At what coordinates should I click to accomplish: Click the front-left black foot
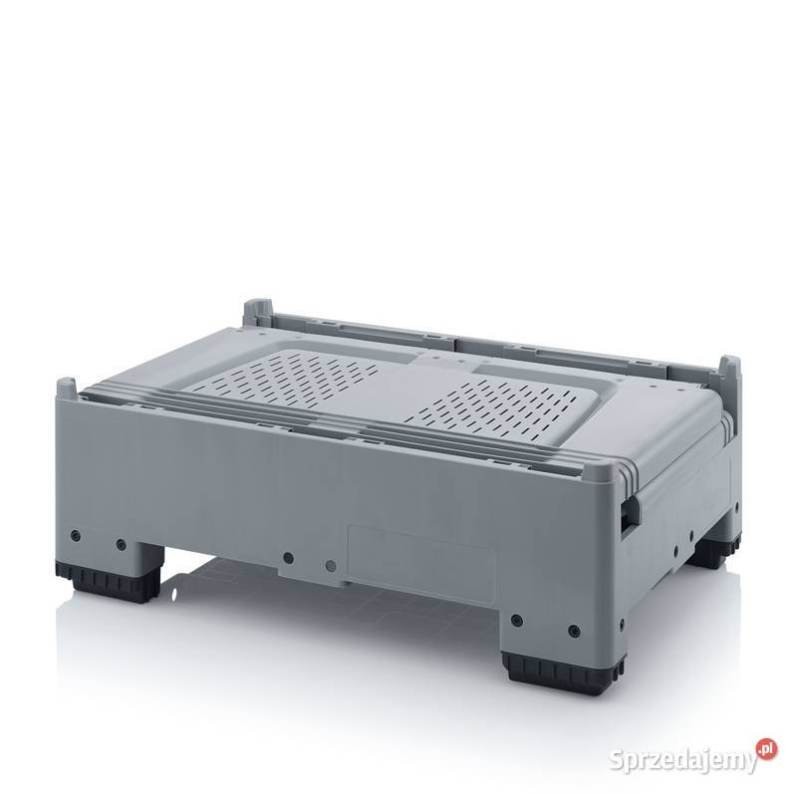point(108,581)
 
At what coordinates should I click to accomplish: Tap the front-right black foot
point(563,671)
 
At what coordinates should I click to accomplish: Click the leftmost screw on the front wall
point(76,535)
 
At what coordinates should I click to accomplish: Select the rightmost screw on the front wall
point(575,632)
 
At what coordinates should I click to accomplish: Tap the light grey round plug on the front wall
point(331,565)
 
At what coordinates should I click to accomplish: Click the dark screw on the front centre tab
point(288,558)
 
